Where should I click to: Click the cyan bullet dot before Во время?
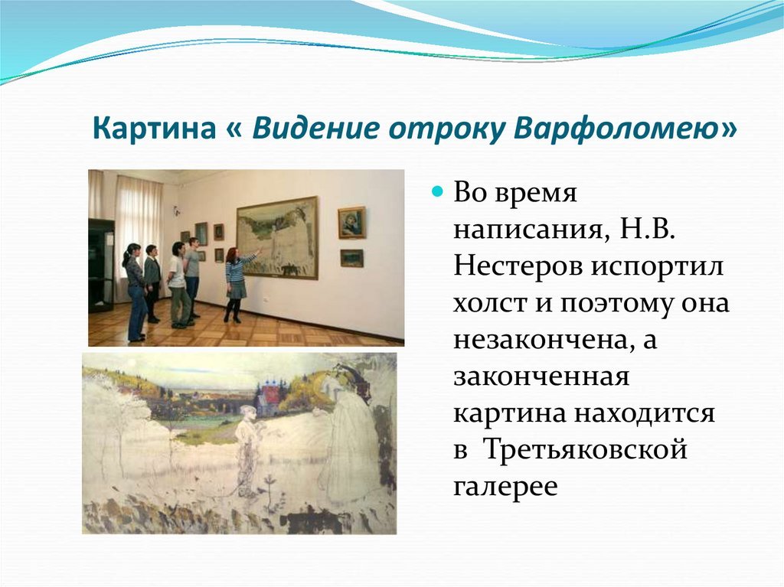coord(438,191)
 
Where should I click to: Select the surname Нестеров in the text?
coord(518,266)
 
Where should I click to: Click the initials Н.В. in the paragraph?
coord(648,229)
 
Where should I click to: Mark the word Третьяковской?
coord(586,449)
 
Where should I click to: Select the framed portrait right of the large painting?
coord(352,223)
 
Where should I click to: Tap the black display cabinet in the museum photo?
coord(101,265)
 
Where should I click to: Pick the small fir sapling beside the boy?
coord(270,492)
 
